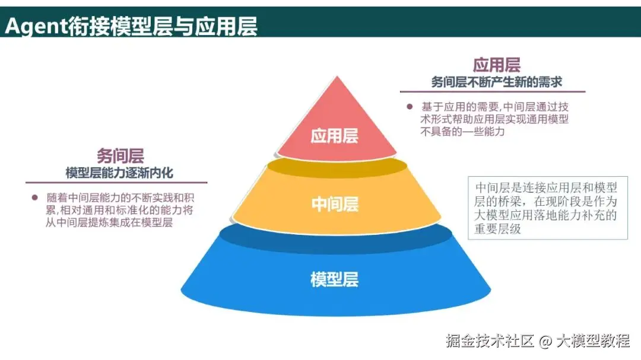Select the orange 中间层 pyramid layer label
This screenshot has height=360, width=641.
(335, 204)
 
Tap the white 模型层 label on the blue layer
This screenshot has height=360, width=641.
(335, 279)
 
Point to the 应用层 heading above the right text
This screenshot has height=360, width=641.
(496, 65)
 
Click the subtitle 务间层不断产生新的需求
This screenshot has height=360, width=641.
(496, 82)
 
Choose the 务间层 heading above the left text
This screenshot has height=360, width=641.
(120, 156)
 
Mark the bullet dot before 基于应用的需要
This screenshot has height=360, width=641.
(409, 107)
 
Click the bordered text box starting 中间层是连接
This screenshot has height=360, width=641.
(547, 208)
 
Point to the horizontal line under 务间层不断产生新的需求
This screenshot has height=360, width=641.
(493, 92)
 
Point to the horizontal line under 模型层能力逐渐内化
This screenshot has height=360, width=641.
(116, 183)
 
